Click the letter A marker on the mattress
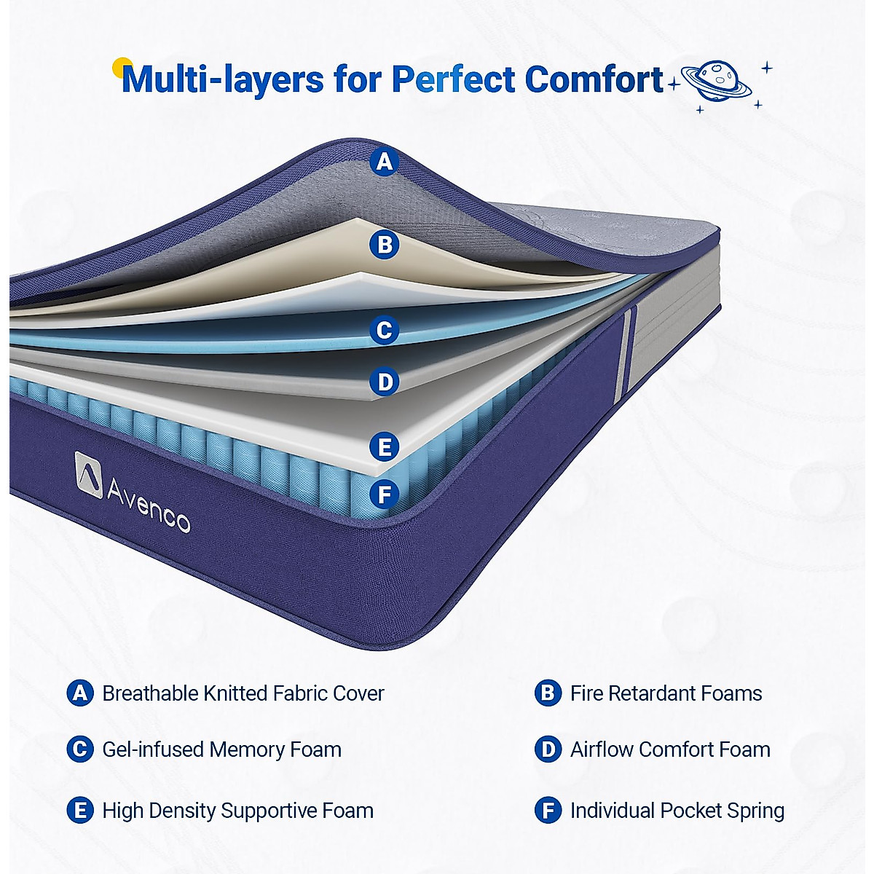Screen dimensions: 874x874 [385, 161]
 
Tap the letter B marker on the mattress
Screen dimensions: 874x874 [385, 244]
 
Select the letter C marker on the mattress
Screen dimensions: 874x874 [384, 330]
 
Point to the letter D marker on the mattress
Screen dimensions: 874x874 [384, 382]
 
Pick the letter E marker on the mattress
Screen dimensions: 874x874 [384, 446]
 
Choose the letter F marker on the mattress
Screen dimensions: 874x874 [384, 495]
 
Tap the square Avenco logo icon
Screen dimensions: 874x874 [88, 474]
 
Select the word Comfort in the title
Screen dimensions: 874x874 [594, 79]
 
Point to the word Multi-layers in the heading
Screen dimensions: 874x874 [223, 79]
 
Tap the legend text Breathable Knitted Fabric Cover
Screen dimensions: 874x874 [243, 693]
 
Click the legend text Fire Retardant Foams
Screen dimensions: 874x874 [666, 693]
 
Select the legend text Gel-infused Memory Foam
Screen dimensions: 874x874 [221, 749]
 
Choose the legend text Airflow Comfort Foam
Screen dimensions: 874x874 [670, 749]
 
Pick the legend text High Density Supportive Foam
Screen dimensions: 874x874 [237, 811]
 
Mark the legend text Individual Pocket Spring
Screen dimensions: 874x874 [677, 811]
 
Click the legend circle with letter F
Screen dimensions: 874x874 [548, 811]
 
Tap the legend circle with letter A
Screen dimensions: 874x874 [79, 693]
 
